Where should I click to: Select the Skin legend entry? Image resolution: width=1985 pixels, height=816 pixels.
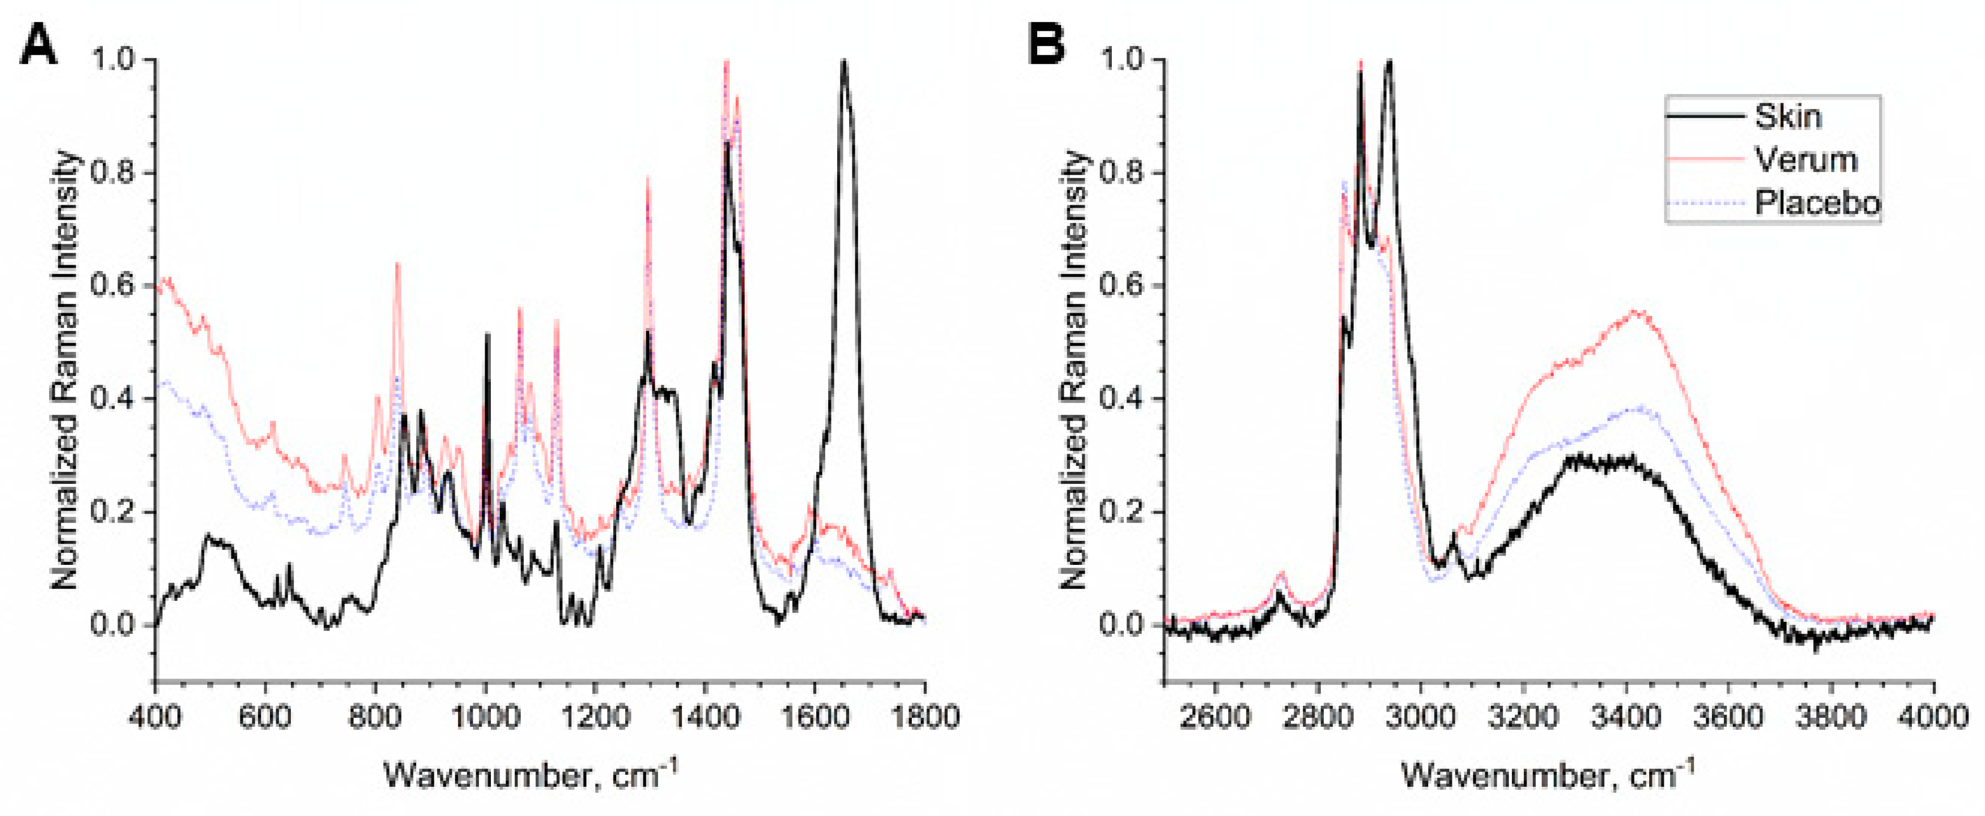1788,116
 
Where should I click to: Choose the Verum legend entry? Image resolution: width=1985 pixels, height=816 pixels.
1805,160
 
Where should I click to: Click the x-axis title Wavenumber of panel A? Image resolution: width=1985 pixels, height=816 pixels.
532,774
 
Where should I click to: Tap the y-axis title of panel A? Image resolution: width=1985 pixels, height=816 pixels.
65,370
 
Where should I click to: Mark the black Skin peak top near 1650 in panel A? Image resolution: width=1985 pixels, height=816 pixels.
844,61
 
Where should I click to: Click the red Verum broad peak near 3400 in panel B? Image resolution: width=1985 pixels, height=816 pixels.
1634,312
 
